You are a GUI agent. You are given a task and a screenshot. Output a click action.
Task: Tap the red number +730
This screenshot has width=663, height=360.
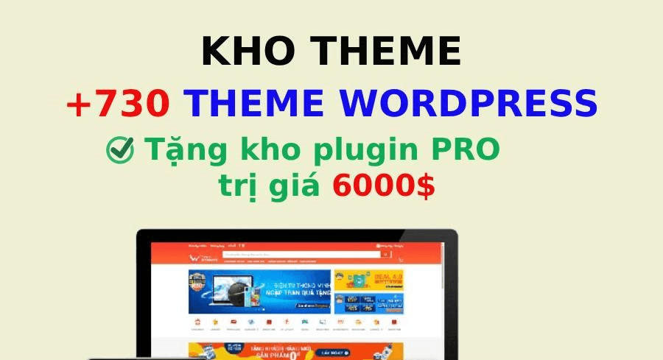click(118, 104)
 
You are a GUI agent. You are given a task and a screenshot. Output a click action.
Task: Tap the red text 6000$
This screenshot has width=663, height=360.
click(383, 186)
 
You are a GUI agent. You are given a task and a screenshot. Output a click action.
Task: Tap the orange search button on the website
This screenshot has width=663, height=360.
click(385, 255)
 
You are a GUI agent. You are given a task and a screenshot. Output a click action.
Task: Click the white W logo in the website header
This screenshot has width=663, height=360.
click(194, 257)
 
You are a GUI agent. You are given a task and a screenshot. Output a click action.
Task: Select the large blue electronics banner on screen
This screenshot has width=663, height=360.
click(259, 292)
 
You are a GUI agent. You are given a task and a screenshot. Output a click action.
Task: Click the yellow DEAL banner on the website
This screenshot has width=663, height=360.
click(368, 280)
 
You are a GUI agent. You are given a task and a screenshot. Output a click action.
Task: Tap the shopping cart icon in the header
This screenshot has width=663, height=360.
click(401, 259)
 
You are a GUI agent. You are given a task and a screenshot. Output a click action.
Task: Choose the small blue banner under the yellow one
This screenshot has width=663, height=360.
click(368, 303)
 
